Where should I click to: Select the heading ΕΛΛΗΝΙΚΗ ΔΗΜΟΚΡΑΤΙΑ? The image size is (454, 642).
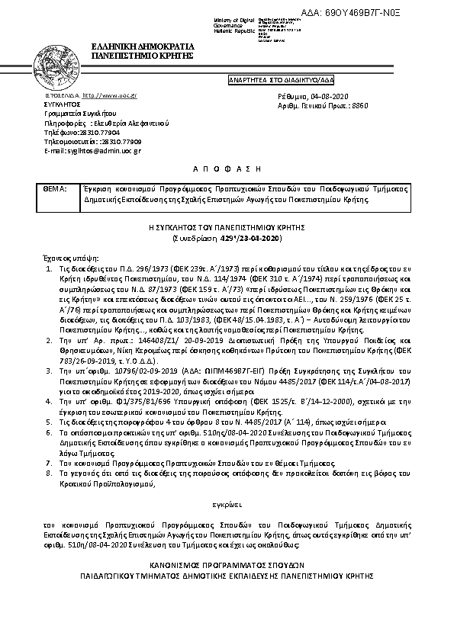pos(142,47)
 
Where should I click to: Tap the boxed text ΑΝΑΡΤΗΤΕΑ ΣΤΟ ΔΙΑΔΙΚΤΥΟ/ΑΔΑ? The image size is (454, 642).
pos(281,79)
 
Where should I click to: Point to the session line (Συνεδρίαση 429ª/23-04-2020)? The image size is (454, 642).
pos(227,239)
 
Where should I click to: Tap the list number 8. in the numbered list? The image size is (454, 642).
pos(48,473)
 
